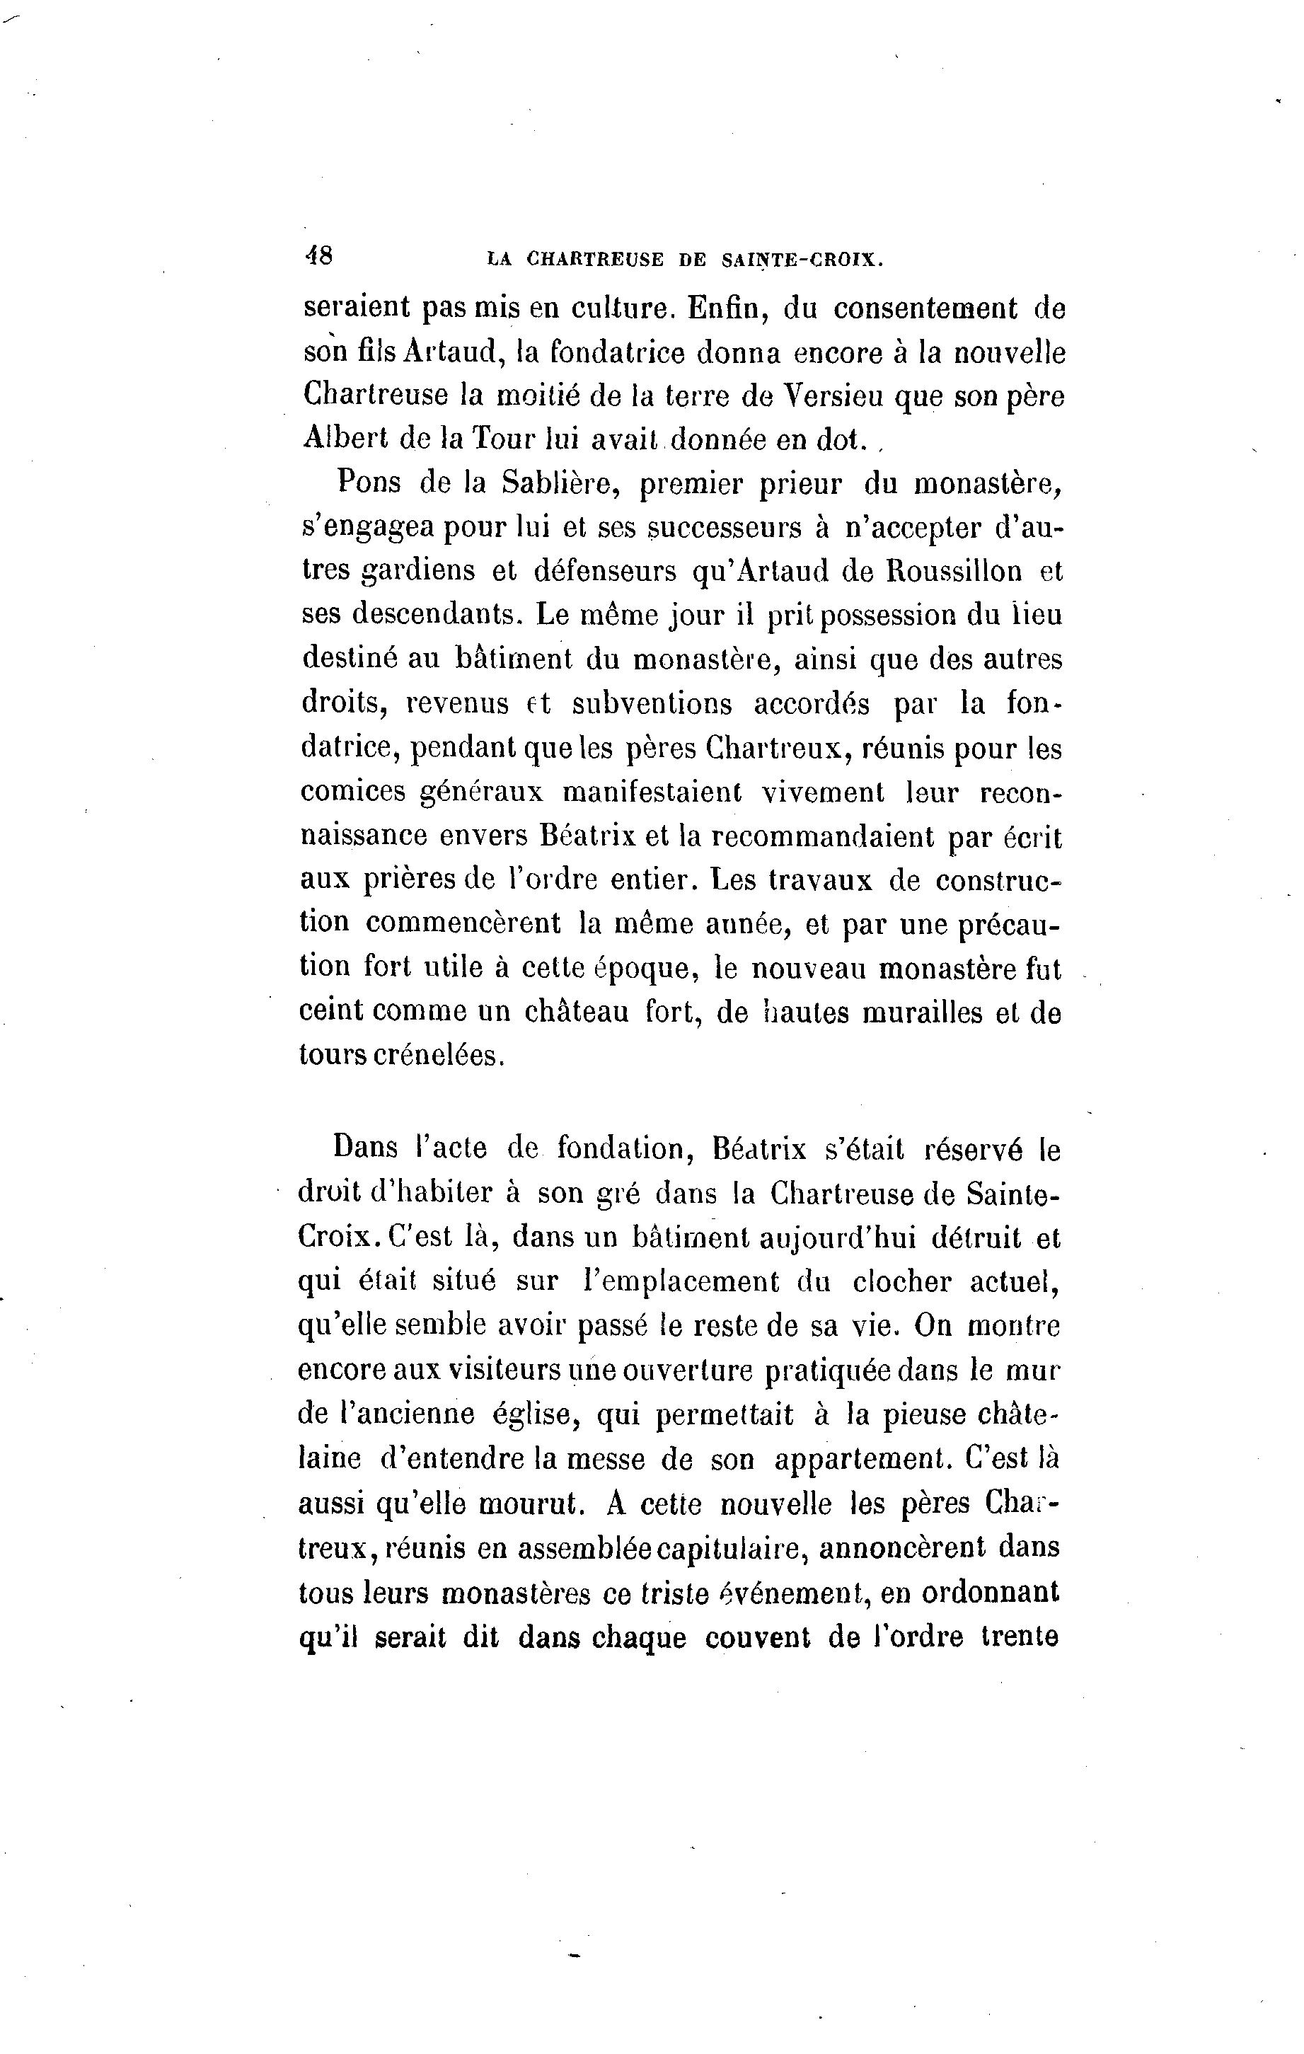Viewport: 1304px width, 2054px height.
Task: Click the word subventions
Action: point(652,704)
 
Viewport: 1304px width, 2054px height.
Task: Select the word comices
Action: point(353,792)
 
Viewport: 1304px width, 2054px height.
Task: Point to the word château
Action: point(576,1012)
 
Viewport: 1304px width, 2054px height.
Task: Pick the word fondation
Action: point(621,1149)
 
